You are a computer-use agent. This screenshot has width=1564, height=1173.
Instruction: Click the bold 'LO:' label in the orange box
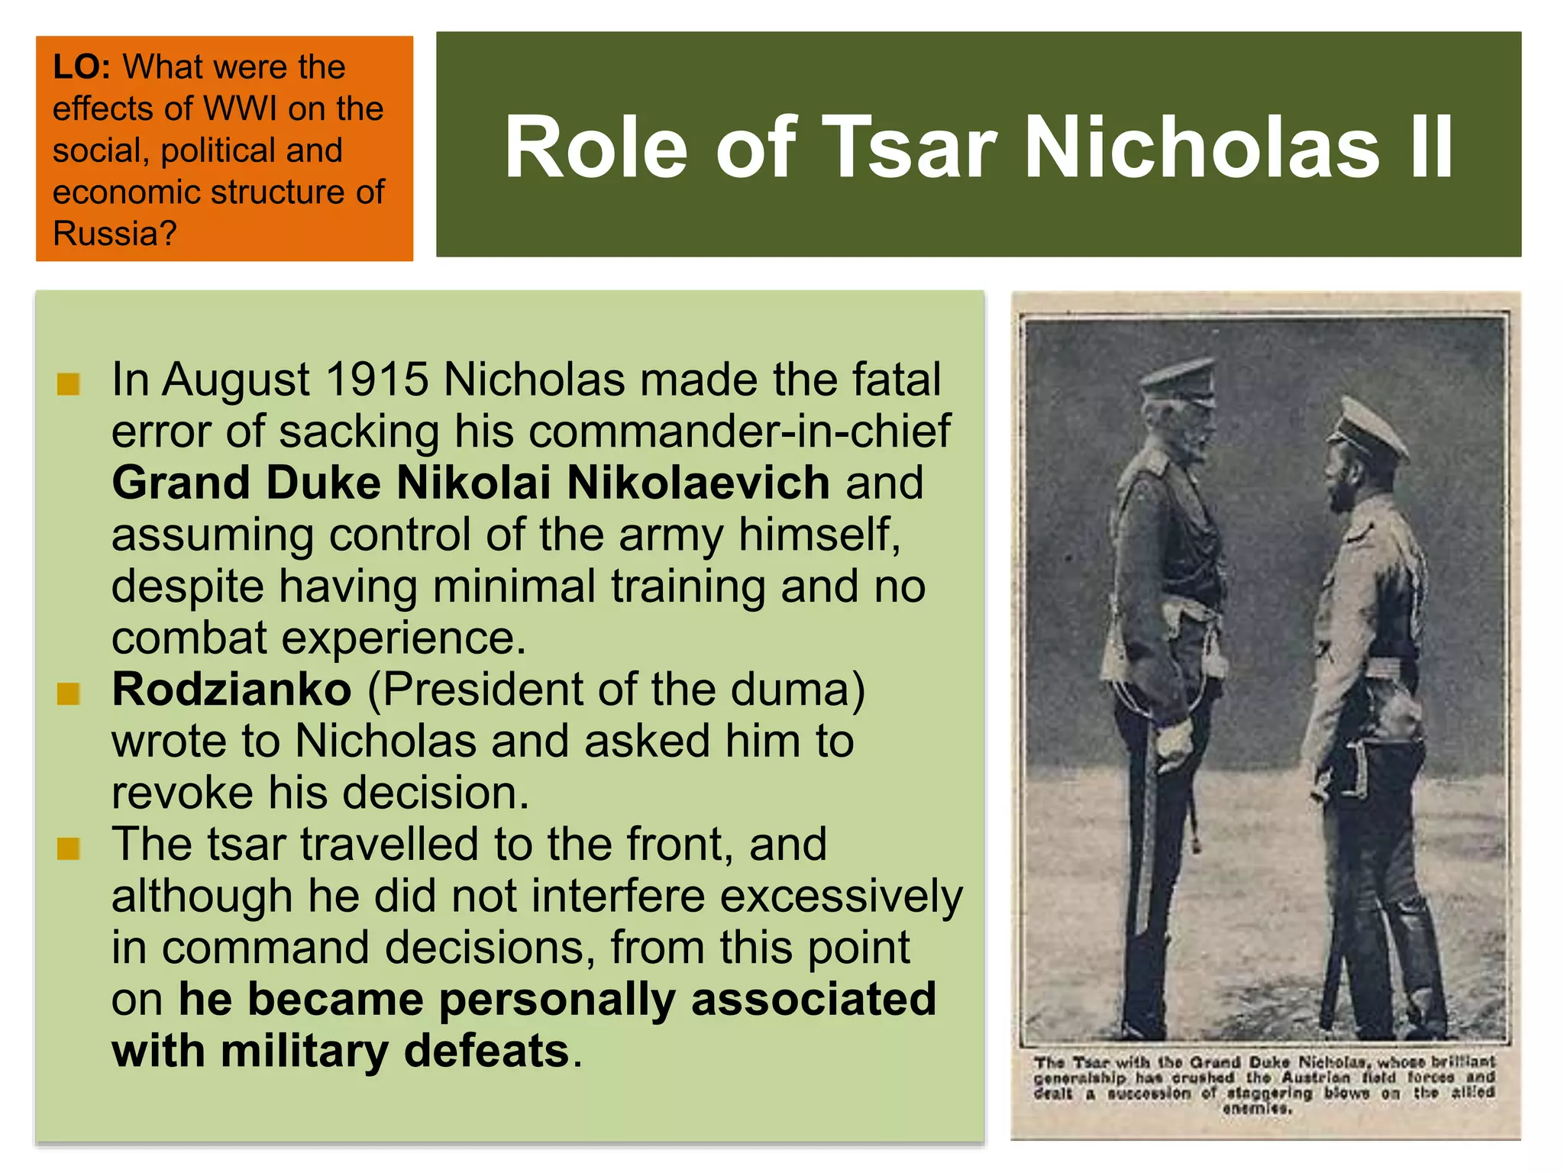(82, 67)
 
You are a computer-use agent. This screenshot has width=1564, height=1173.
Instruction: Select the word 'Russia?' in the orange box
(115, 234)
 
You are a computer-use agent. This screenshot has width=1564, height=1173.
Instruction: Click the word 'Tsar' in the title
(909, 147)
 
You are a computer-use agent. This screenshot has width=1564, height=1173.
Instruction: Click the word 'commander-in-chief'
(740, 431)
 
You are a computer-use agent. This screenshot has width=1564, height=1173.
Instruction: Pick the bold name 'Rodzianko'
(231, 690)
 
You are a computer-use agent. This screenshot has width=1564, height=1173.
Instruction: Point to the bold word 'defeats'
(486, 1051)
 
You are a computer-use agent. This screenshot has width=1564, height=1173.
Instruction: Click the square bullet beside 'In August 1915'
(69, 384)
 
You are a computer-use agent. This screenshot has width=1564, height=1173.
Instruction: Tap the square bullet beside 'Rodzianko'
(69, 694)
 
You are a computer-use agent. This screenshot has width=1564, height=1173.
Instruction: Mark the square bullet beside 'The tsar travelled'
(69, 848)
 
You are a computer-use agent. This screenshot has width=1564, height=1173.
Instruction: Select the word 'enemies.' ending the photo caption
(1257, 1108)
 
